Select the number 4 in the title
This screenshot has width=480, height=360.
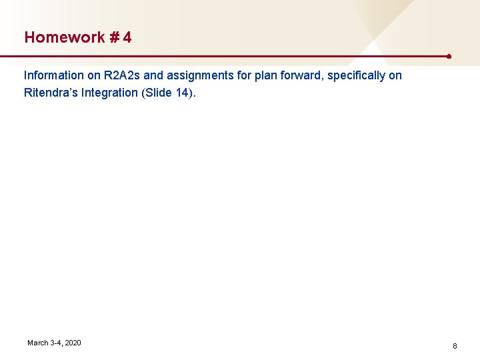[x=127, y=37]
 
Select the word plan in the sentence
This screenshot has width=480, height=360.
[x=267, y=75]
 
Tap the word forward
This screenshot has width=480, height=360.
[x=303, y=75]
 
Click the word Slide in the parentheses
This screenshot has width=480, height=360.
[x=158, y=93]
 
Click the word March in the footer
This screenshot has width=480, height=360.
[x=37, y=343]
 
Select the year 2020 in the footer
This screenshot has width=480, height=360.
[x=73, y=343]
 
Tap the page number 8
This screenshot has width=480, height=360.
[x=455, y=346]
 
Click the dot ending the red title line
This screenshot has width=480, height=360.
[x=450, y=56]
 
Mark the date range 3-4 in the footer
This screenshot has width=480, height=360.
[x=55, y=343]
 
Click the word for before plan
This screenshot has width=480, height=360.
[x=245, y=75]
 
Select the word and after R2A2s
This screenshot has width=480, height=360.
[x=153, y=75]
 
